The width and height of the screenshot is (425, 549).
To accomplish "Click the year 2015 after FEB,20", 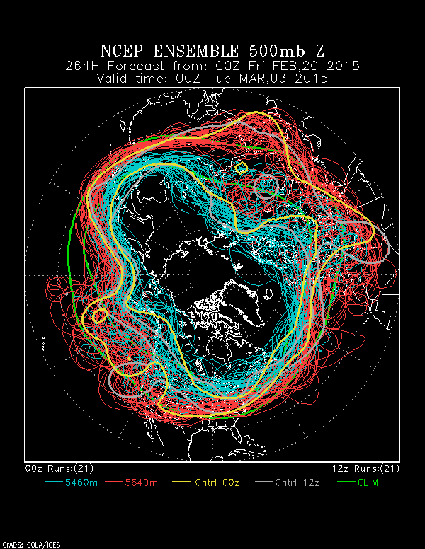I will [343, 67].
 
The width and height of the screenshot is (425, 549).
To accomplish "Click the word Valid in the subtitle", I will [115, 79].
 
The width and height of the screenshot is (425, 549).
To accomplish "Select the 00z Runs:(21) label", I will [59, 468].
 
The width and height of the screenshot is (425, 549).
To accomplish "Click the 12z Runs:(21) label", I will [365, 468].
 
